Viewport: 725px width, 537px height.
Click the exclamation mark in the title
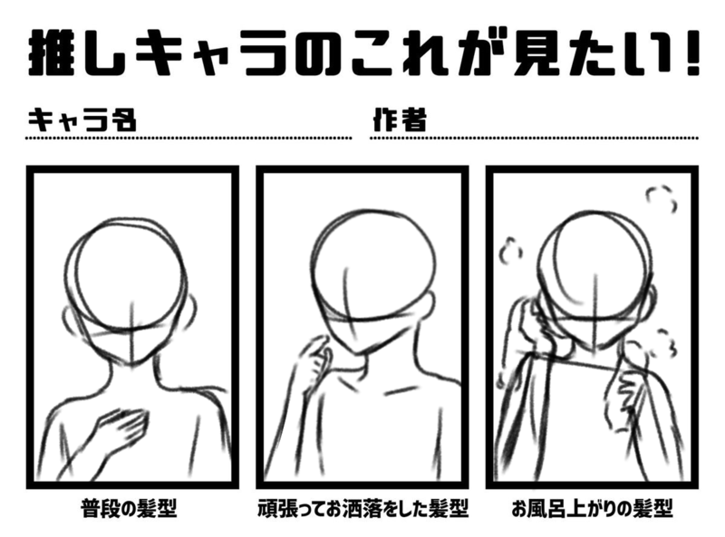pos(691,53)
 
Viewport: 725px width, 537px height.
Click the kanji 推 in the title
pos(51,53)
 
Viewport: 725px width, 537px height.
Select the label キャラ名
pos(82,120)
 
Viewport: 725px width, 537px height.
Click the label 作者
pos(400,120)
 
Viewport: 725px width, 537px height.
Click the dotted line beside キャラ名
pos(188,138)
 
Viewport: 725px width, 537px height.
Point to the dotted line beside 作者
pos(534,138)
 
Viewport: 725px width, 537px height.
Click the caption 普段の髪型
pos(129,508)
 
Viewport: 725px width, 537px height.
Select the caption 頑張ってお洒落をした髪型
pos(363,508)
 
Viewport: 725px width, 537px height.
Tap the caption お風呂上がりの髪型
pos(593,508)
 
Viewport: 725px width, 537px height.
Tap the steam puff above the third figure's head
pos(662,197)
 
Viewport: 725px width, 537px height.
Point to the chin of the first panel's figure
pos(133,363)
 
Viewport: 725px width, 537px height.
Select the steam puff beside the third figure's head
pos(510,251)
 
